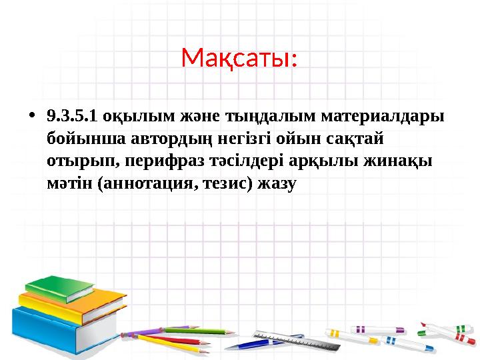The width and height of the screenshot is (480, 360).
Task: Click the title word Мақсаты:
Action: [x=239, y=59]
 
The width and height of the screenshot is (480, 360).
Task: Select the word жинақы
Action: [x=400, y=161]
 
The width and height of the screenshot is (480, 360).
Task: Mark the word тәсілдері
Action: [x=235, y=161]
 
